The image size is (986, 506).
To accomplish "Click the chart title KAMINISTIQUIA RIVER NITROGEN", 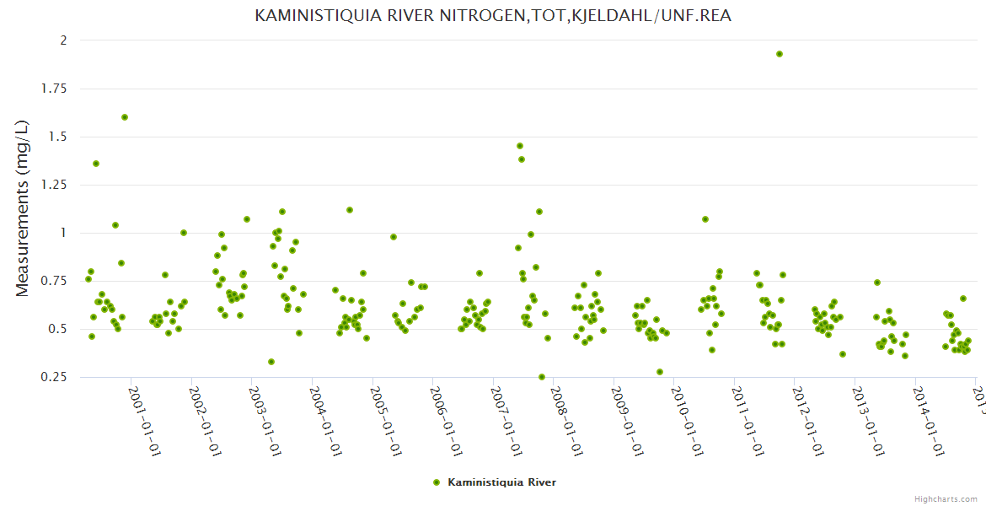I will click(493, 16).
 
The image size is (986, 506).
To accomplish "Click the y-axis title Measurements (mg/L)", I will click(23, 207).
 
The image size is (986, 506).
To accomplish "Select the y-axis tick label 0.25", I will click(56, 377).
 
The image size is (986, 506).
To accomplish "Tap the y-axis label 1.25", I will click(56, 185).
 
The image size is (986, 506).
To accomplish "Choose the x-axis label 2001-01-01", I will click(144, 423).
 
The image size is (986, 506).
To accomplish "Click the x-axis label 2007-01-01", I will click(506, 423).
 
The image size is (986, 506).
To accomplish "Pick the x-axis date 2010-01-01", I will click(688, 423).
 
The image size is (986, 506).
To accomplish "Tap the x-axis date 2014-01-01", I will click(930, 423).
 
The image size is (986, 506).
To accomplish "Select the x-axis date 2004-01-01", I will click(325, 423).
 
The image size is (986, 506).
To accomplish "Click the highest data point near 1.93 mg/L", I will click(780, 54).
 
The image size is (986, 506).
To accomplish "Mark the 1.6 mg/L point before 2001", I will click(125, 117).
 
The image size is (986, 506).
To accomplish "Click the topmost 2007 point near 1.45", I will click(520, 146).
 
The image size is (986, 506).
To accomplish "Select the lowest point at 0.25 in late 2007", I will click(542, 377).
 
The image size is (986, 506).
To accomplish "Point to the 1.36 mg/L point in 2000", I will click(96, 164).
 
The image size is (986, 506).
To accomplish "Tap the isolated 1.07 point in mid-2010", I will click(705, 219).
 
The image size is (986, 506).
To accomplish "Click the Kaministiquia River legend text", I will click(501, 482).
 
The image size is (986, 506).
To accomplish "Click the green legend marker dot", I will click(437, 482).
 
